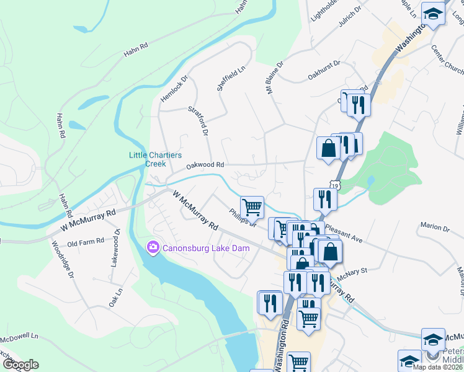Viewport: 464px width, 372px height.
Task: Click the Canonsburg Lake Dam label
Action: [206, 248]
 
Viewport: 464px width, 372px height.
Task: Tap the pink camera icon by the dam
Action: [153, 248]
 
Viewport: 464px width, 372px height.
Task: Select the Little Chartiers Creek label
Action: [147, 159]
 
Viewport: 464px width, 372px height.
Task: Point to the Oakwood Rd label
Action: [204, 166]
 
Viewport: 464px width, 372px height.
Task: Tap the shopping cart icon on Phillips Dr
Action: [252, 206]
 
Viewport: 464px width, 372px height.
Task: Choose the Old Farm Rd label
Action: [86, 241]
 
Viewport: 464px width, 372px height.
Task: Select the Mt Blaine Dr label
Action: [274, 77]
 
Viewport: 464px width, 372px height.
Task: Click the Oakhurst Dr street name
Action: [324, 71]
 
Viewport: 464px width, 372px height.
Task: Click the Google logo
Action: [20, 365]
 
